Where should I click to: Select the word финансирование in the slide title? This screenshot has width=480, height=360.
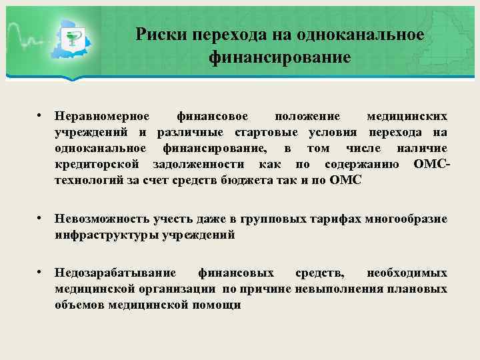pyautogui.click(x=279, y=57)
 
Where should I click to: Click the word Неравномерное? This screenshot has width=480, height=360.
pyautogui.click(x=102, y=116)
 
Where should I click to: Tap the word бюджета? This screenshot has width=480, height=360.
pyautogui.click(x=250, y=180)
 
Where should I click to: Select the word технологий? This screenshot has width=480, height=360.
pyautogui.click(x=89, y=180)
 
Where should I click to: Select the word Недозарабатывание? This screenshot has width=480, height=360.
pyautogui.click(x=116, y=273)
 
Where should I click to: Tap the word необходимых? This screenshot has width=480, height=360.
pyautogui.click(x=407, y=273)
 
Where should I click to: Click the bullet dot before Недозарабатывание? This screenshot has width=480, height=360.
pyautogui.click(x=41, y=273)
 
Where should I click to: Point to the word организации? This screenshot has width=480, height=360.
pyautogui.click(x=177, y=289)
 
